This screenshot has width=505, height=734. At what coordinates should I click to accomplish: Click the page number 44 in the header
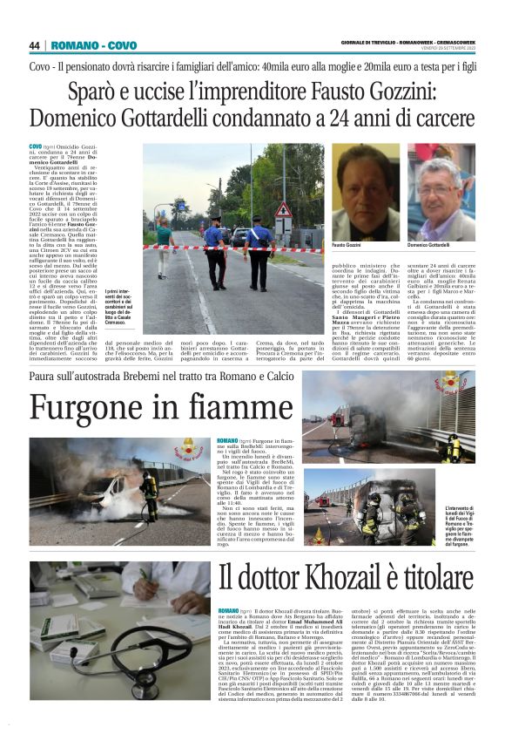35,45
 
